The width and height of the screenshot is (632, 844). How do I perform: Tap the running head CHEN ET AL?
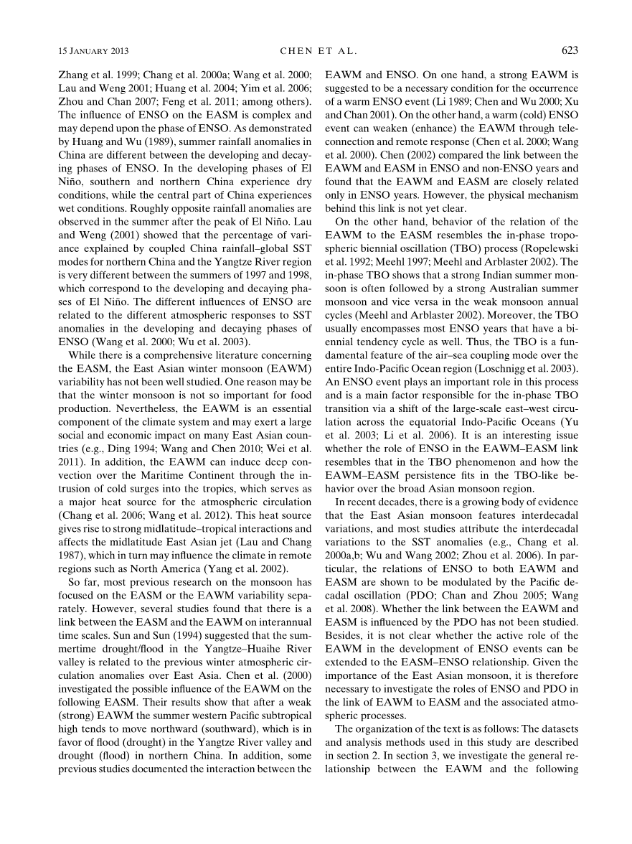[316, 50]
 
